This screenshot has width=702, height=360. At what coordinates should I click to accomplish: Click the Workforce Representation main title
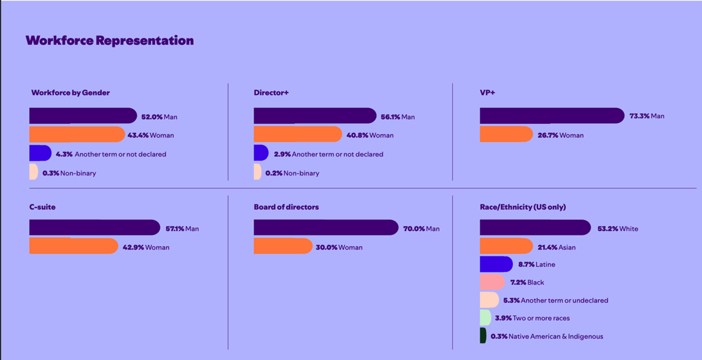pyautogui.click(x=109, y=41)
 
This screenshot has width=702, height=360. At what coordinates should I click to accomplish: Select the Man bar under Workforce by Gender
pyautogui.click(x=82, y=116)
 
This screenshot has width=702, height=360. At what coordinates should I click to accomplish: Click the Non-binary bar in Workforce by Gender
pyautogui.click(x=33, y=172)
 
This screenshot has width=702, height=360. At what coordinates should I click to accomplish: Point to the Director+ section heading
pyautogui.click(x=271, y=93)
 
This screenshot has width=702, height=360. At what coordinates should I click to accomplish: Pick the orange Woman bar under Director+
pyautogui.click(x=298, y=135)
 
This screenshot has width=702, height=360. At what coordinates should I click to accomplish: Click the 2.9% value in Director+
pyautogui.click(x=282, y=154)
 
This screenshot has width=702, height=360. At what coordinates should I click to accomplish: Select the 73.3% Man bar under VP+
pyautogui.click(x=552, y=116)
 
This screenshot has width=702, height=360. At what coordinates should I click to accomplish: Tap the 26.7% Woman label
pyautogui.click(x=561, y=135)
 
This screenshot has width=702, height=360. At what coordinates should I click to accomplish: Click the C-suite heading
pyautogui.click(x=43, y=207)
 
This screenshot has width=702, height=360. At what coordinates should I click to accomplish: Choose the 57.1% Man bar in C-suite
pyautogui.click(x=94, y=228)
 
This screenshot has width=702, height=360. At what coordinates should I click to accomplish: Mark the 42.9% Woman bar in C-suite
pyautogui.click(x=73, y=246)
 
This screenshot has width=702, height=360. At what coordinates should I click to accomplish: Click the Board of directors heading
pyautogui.click(x=286, y=207)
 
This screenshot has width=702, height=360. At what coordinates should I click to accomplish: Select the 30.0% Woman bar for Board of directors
pyautogui.click(x=283, y=246)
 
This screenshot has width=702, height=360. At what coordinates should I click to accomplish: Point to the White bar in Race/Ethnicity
pyautogui.click(x=535, y=228)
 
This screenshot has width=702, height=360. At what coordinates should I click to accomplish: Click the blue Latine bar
pyautogui.click(x=496, y=264)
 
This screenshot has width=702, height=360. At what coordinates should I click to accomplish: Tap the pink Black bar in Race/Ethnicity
pyautogui.click(x=492, y=282)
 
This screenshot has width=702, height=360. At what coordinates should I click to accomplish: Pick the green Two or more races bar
pyautogui.click(x=485, y=318)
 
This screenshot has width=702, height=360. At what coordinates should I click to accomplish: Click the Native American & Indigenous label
pyautogui.click(x=556, y=336)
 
